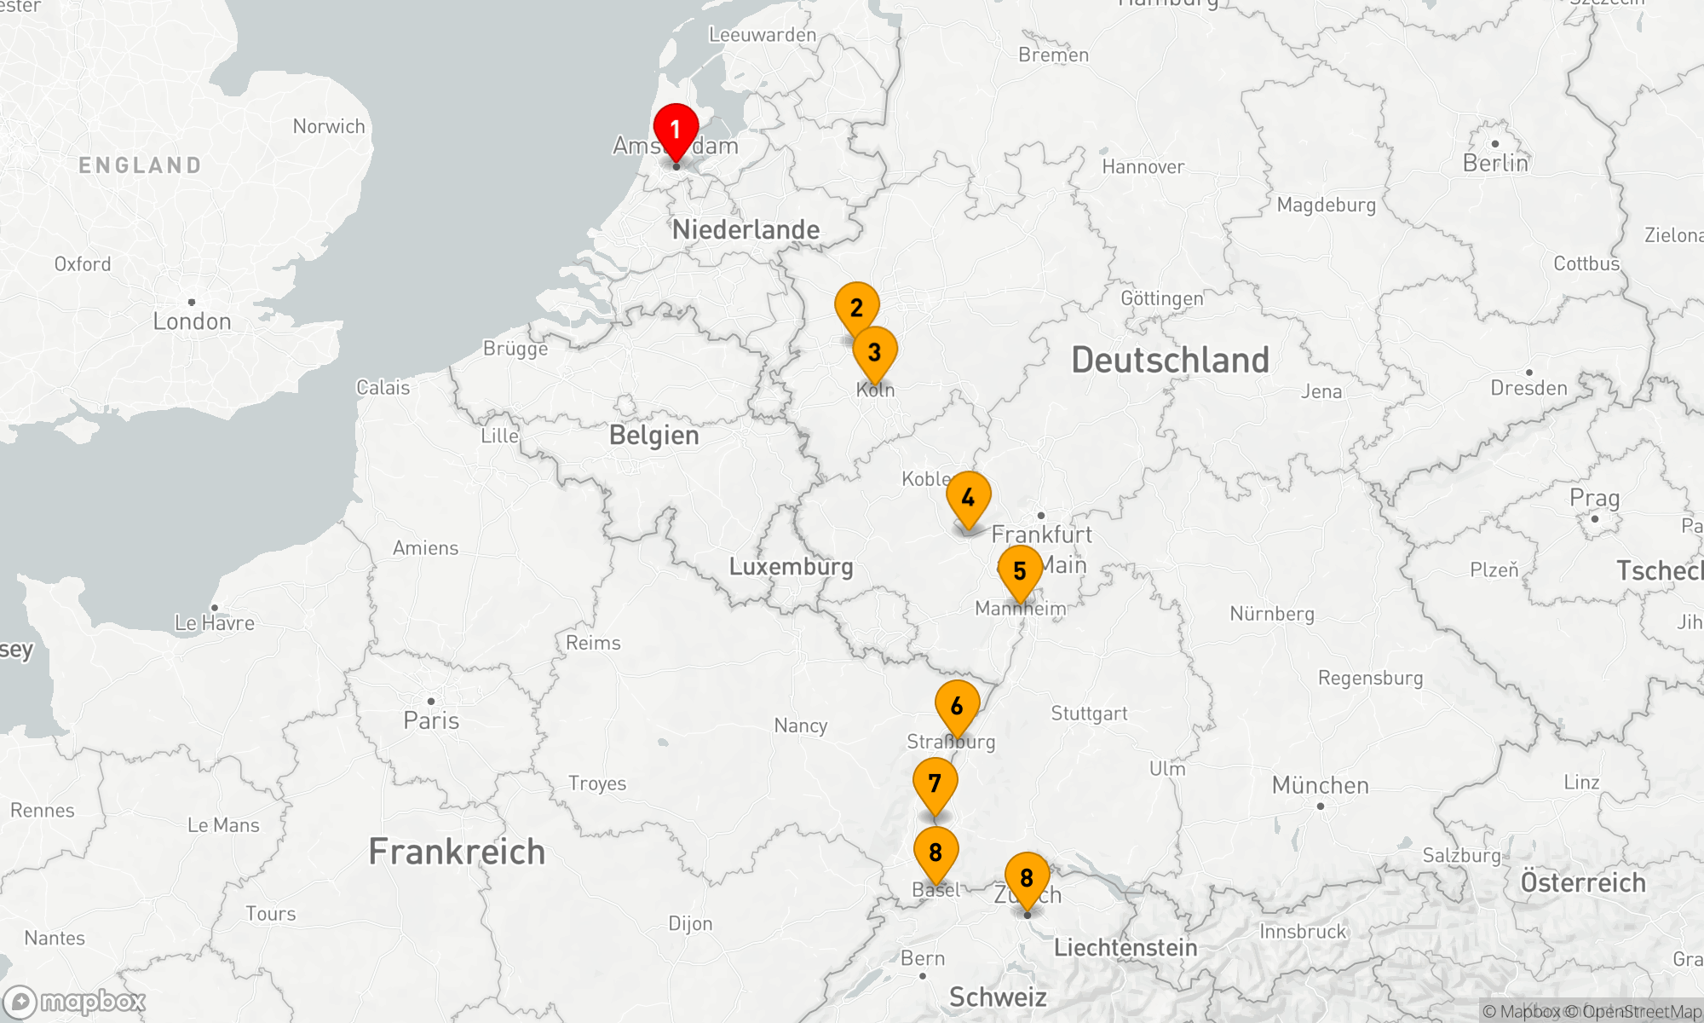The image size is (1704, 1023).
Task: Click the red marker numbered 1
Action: tap(676, 131)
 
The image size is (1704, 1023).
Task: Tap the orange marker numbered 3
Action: tap(874, 352)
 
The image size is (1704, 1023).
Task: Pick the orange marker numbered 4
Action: tap(968, 498)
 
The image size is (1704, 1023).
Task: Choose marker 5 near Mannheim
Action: tap(1020, 572)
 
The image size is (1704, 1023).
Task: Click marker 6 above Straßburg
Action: tap(957, 707)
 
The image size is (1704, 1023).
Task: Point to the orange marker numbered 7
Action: tap(935, 783)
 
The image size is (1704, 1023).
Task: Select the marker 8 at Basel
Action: tap(935, 852)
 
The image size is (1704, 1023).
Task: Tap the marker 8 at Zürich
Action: tap(1027, 878)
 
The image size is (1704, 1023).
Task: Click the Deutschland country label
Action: tap(1170, 361)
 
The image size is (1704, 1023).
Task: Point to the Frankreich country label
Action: tap(457, 852)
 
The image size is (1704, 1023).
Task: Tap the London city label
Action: tap(192, 321)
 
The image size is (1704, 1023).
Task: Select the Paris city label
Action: tap(431, 720)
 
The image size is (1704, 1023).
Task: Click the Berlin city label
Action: tap(1495, 163)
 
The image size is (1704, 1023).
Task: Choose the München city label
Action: tap(1320, 785)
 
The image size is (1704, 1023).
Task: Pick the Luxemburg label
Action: tap(791, 567)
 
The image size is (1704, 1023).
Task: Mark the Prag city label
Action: tap(1594, 498)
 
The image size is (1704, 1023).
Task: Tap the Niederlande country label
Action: tap(745, 229)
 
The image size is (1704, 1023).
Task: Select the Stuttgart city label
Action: tap(1089, 714)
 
